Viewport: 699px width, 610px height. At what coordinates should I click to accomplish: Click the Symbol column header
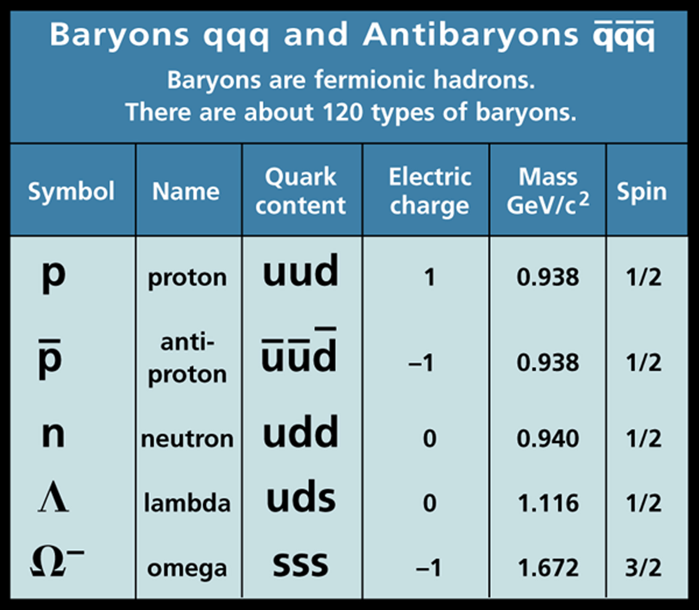tap(71, 192)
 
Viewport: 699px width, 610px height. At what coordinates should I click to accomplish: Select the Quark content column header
tap(301, 191)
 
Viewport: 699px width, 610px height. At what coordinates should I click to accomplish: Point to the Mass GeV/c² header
tap(548, 191)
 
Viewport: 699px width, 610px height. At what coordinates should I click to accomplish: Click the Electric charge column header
tap(430, 191)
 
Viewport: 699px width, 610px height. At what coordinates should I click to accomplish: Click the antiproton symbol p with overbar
tap(50, 359)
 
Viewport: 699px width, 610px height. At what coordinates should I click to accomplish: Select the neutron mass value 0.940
tap(548, 438)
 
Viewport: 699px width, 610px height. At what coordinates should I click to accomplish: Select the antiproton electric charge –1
tap(421, 363)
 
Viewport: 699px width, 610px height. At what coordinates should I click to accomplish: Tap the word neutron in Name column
tap(187, 439)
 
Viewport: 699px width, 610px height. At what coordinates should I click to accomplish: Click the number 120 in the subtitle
tap(343, 113)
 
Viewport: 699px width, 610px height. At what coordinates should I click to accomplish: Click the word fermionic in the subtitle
tap(369, 80)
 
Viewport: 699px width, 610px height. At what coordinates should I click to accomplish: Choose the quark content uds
tap(301, 497)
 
